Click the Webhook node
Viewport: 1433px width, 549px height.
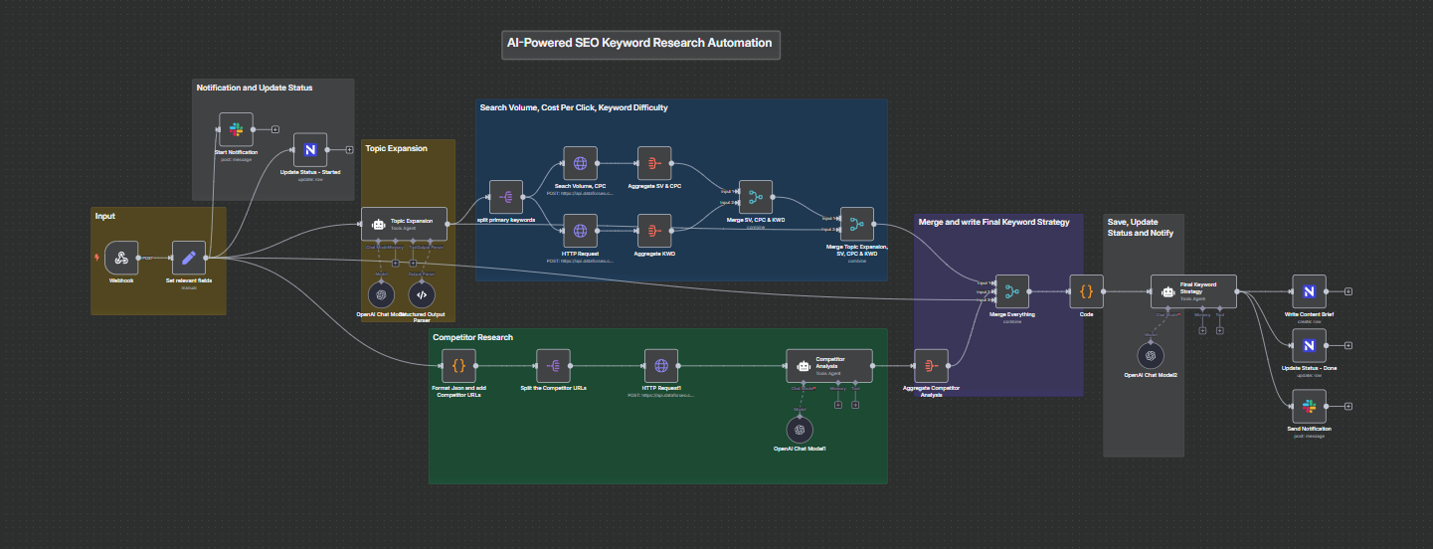click(x=121, y=258)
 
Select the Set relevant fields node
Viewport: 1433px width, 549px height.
click(x=188, y=258)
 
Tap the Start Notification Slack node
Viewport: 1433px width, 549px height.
click(x=236, y=129)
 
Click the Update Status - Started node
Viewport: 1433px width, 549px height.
click(x=310, y=150)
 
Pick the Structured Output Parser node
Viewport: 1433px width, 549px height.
click(x=422, y=294)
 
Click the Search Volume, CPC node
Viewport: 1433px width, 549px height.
click(x=580, y=163)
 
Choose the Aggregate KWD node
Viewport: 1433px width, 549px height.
click(x=654, y=231)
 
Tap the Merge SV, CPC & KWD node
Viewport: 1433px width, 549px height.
click(x=755, y=197)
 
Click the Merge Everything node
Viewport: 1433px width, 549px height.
click(x=1012, y=291)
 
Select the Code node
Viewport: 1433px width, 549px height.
click(x=1086, y=291)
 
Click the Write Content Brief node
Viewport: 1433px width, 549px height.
click(x=1309, y=291)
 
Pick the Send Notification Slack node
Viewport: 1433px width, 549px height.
click(x=1309, y=406)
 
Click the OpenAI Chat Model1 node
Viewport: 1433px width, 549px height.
click(x=800, y=429)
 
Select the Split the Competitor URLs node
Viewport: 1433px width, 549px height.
click(x=553, y=365)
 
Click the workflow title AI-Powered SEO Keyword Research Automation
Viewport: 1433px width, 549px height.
click(x=639, y=44)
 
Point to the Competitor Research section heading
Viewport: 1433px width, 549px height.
click(x=473, y=338)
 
